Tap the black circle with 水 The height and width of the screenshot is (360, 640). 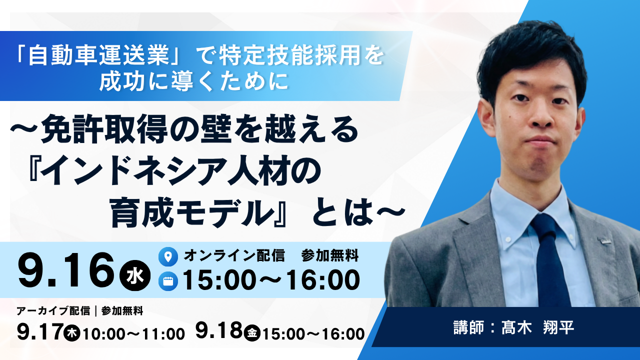click(135, 275)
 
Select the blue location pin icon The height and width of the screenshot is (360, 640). click(168, 256)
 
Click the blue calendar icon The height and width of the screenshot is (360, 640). click(168, 281)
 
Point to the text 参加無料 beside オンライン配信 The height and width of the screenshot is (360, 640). click(330, 255)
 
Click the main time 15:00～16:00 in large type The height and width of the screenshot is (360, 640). click(271, 280)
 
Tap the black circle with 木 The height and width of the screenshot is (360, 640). click(72, 333)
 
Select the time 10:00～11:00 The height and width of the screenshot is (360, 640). click(133, 334)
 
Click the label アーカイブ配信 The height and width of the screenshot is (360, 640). click(53, 311)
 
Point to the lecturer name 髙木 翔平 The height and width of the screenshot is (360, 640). click(538, 327)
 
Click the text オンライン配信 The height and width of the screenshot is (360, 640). click(234, 255)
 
